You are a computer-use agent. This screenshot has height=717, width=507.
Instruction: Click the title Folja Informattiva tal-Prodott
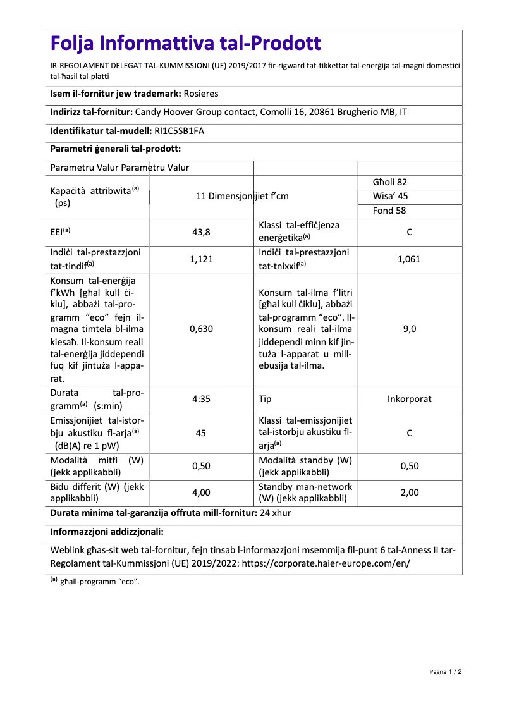(x=185, y=44)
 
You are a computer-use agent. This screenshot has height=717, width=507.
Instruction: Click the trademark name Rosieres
(x=200, y=94)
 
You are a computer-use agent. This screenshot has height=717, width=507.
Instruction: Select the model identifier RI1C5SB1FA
(x=180, y=132)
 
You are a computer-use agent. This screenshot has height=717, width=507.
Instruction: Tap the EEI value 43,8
(x=201, y=232)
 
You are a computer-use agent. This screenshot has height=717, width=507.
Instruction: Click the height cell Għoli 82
(x=390, y=182)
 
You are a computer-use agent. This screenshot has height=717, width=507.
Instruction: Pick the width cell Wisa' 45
(x=390, y=196)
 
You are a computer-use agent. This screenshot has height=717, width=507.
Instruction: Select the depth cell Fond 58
(x=389, y=211)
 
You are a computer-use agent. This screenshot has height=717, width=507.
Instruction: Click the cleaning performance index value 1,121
(x=201, y=259)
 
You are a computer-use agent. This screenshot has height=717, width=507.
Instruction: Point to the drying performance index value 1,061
(x=409, y=259)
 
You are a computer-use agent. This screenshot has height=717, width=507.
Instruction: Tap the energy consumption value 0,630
(x=201, y=329)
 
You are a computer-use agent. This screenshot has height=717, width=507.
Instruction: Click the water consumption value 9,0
(x=409, y=329)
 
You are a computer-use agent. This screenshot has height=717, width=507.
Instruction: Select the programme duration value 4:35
(x=201, y=400)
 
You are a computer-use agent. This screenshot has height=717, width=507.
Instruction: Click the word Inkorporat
(x=409, y=400)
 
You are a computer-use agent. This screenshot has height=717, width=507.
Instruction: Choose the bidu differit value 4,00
(x=201, y=493)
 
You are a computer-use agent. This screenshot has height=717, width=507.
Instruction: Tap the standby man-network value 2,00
(x=409, y=493)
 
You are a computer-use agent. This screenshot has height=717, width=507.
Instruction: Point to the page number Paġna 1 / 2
(x=446, y=671)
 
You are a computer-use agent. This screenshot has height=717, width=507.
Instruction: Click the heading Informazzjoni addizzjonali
(x=107, y=532)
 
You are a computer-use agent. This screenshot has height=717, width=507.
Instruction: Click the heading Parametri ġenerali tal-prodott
(x=116, y=149)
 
